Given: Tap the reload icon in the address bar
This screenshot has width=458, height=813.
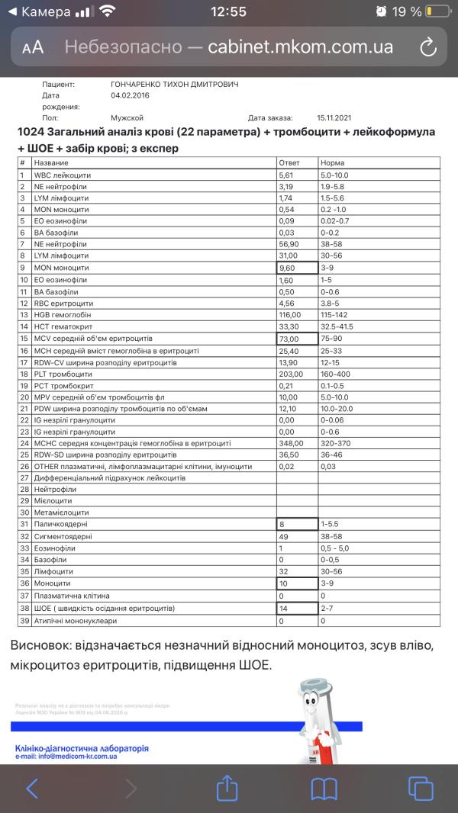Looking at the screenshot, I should coord(428,47).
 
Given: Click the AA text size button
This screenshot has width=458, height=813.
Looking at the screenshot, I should coord(33,47).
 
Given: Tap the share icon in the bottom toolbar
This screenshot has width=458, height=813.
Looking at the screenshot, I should coord(227,788).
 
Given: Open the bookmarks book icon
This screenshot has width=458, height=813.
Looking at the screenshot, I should coord(324,788).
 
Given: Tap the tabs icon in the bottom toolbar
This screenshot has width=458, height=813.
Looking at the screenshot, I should coord(421,788).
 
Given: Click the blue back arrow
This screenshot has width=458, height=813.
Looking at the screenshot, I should coord(32,788).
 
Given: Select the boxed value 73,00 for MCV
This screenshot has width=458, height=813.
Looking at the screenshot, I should coord(296,338).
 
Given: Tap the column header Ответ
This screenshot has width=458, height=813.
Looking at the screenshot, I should coord(289,162).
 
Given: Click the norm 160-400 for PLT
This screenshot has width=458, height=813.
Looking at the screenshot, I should coord(336,374).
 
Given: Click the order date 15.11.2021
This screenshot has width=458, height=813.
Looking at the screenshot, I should coord(337,118).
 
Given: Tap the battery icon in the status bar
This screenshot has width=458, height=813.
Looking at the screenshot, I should coord(438,11).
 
